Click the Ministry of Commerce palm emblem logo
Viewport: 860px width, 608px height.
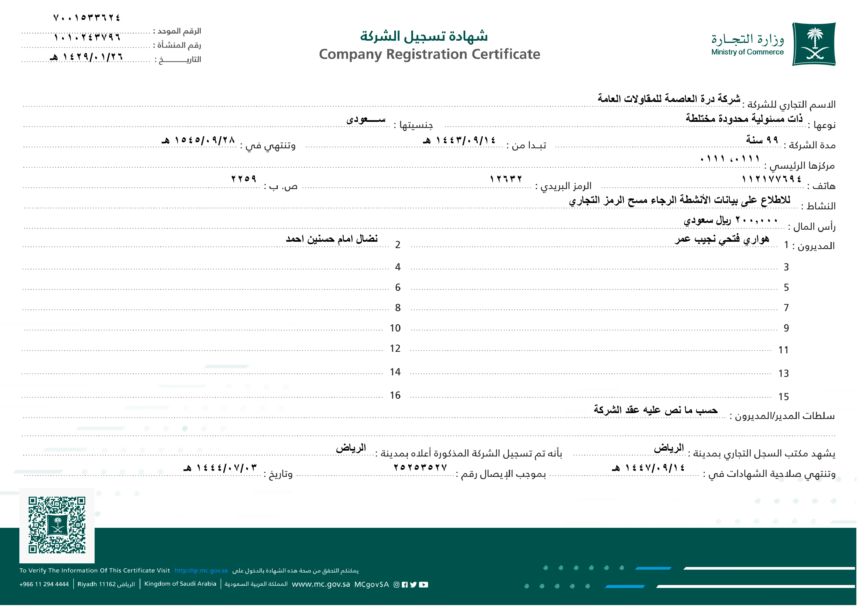814,44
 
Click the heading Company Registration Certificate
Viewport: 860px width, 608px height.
429,54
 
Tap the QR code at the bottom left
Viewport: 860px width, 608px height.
57,525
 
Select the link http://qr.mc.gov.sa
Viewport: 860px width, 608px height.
201,570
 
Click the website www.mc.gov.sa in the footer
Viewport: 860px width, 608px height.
321,584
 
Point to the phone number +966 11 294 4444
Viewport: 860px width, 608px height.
44,584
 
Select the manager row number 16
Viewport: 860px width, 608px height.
395,395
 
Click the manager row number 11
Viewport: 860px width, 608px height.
783,350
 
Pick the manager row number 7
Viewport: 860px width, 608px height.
786,308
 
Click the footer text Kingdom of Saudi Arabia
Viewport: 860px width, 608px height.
180,584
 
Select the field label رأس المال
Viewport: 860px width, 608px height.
814,227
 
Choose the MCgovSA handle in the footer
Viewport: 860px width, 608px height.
372,584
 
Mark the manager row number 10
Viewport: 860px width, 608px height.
395,328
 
